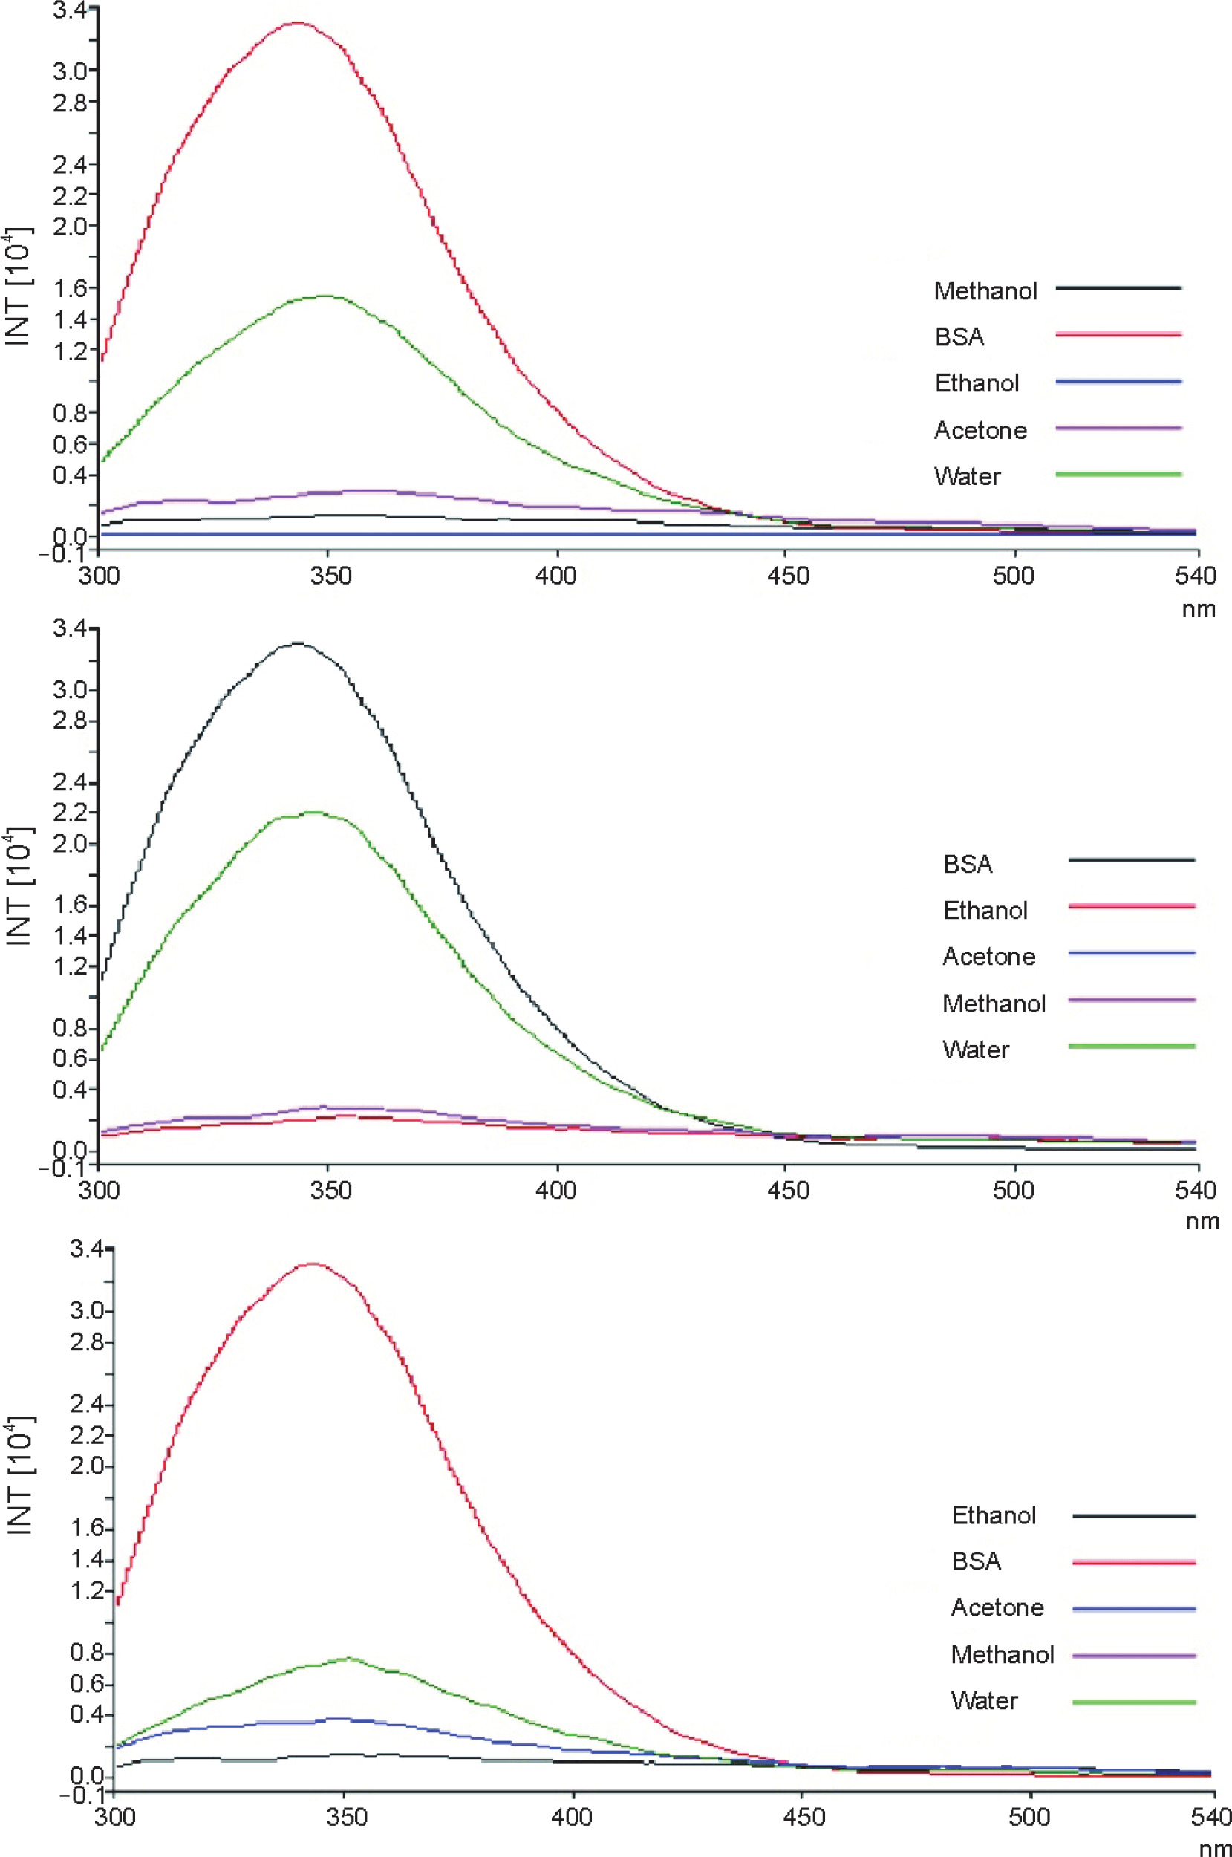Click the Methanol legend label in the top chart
pyautogui.click(x=985, y=290)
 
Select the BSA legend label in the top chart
pyautogui.click(x=959, y=337)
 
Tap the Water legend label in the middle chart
pyautogui.click(x=976, y=1050)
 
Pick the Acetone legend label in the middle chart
pyautogui.click(x=989, y=957)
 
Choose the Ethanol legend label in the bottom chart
pyautogui.click(x=994, y=1515)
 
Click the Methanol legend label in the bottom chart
pyautogui.click(x=1003, y=1654)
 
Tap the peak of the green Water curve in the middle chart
pyautogui.click(x=314, y=812)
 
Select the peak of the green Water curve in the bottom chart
pyautogui.click(x=348, y=1658)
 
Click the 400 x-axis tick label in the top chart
pyautogui.click(x=556, y=576)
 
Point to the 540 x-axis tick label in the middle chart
pyautogui.click(x=1196, y=1191)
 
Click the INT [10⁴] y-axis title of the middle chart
pyautogui.click(x=19, y=886)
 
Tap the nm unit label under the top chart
pyautogui.click(x=1199, y=609)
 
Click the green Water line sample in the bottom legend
pyautogui.click(x=1134, y=1702)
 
